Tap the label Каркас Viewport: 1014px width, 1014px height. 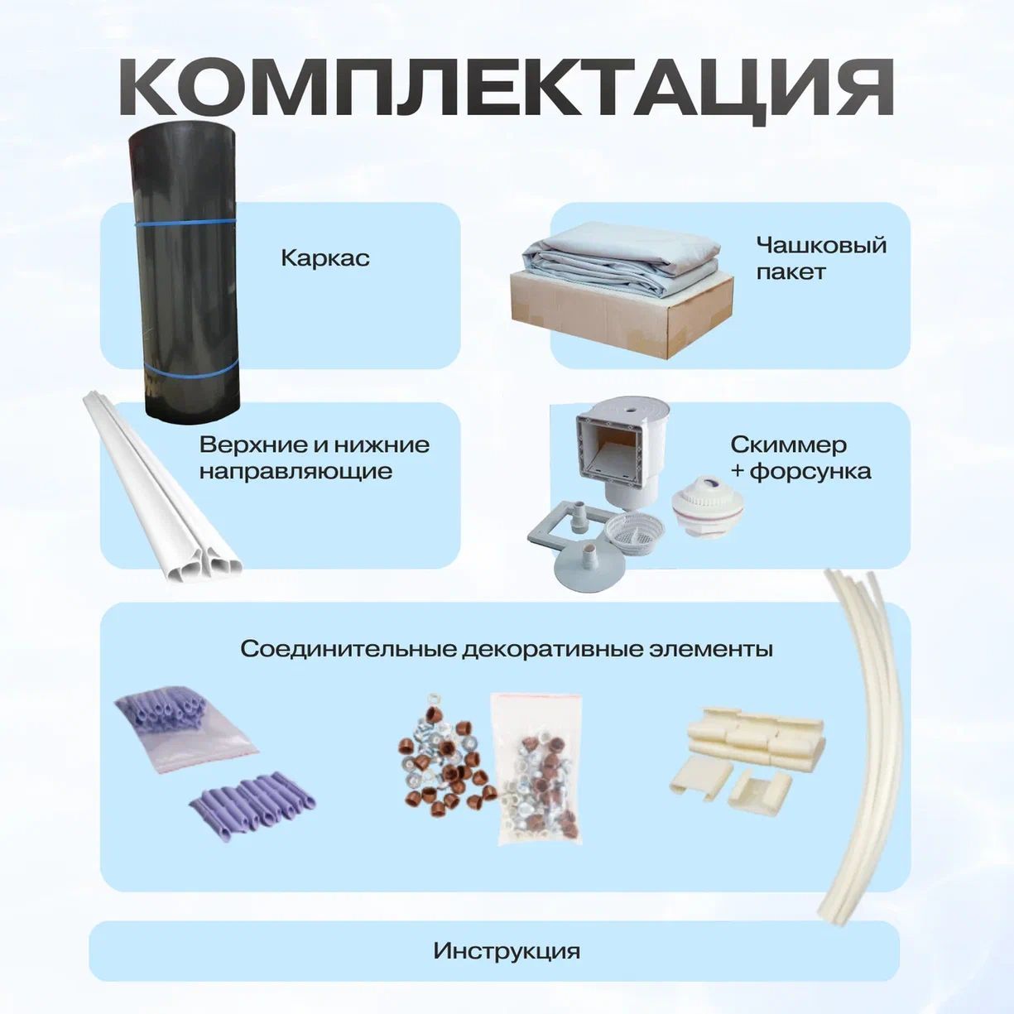325,258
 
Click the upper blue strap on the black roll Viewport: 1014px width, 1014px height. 186,222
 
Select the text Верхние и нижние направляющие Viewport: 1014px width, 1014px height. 315,458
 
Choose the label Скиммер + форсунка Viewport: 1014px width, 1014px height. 800,458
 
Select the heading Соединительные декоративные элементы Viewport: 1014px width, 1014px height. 507,650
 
